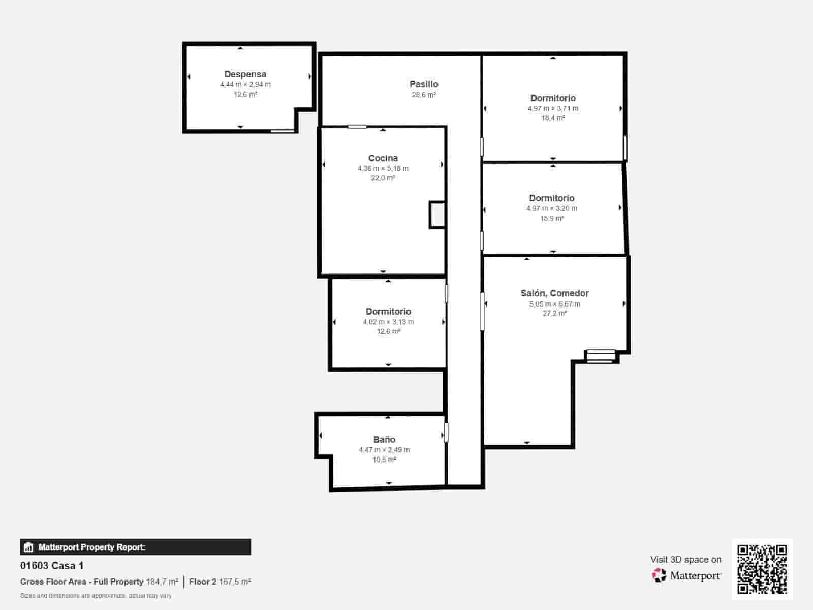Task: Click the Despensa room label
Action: point(245,74)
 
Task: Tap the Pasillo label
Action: point(424,84)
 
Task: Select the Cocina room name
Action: point(383,158)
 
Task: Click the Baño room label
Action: point(384,440)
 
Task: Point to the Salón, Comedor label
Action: point(554,293)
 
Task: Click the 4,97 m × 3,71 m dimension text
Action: point(553,108)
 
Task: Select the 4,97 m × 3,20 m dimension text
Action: point(552,208)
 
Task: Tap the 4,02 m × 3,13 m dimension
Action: point(388,322)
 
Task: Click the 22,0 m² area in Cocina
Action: point(383,178)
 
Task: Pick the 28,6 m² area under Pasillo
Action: point(424,95)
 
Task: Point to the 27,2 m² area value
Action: point(554,313)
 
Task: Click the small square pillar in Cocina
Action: point(437,215)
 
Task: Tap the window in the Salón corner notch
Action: point(601,356)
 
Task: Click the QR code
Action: point(762,569)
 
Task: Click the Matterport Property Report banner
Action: point(136,547)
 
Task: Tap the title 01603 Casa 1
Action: point(52,566)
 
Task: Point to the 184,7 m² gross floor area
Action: point(162,582)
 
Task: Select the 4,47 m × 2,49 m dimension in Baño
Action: point(384,450)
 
